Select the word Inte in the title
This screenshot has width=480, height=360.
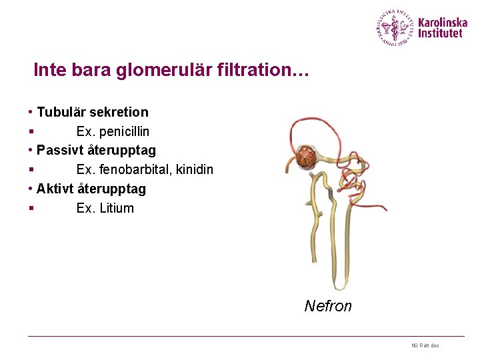pyautogui.click(x=49, y=70)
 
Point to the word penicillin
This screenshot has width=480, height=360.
pyautogui.click(x=124, y=131)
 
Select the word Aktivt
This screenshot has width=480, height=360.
pyautogui.click(x=55, y=189)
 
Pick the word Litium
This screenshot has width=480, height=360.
pyautogui.click(x=117, y=208)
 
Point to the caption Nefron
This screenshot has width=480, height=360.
pyautogui.click(x=327, y=306)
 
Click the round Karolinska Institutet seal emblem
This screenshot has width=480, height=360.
pyautogui.click(x=395, y=28)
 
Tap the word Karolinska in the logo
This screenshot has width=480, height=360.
pyautogui.click(x=442, y=22)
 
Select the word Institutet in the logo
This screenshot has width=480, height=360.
pyautogui.click(x=440, y=33)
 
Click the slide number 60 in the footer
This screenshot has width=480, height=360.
pyautogui.click(x=414, y=345)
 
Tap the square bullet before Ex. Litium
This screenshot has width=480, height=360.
pyautogui.click(x=31, y=209)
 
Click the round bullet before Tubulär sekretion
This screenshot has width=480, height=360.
pyautogui.click(x=31, y=113)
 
